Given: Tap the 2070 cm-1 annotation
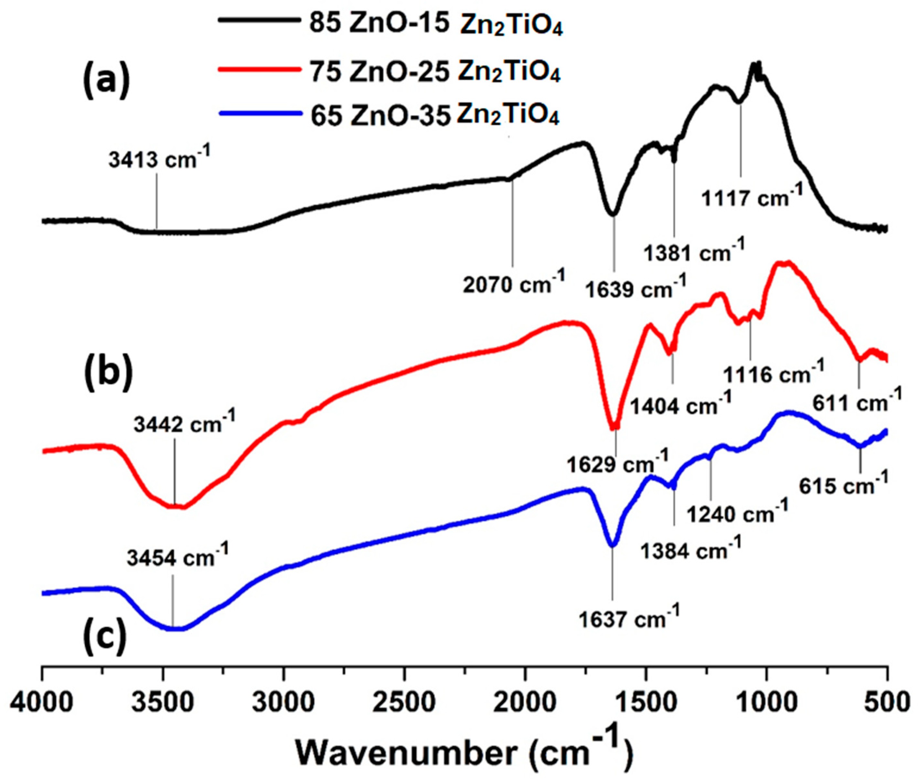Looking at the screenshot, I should tap(514, 283).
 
